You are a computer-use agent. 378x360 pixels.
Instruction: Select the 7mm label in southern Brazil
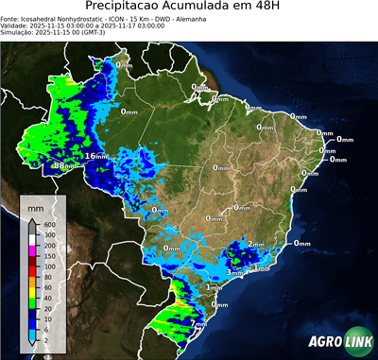[x=199, y=323]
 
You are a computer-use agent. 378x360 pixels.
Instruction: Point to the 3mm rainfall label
[x=235, y=271]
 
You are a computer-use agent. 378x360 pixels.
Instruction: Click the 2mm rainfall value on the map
[x=255, y=244]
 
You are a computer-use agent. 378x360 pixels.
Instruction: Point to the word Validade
[x=16, y=27]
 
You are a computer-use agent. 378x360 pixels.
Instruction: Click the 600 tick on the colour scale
[x=44, y=223]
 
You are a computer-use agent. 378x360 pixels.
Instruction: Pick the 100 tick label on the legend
[x=44, y=266]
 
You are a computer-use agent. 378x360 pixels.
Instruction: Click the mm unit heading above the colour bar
[x=35, y=206]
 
